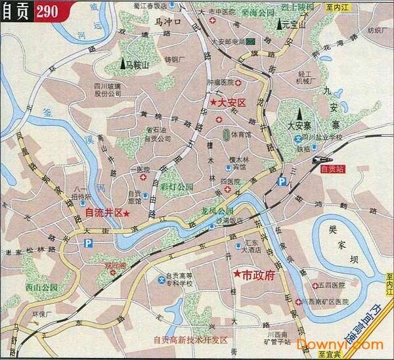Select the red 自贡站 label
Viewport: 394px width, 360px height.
[331, 169]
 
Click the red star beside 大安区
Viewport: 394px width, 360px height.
[214, 103]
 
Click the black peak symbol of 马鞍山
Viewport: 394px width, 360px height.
[123, 64]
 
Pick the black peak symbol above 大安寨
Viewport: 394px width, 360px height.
[299, 114]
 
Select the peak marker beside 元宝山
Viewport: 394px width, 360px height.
[278, 26]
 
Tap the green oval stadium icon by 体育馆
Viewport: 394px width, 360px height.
[226, 136]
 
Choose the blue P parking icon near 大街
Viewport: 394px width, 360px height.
[88, 243]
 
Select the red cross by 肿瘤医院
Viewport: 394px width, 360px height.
[239, 83]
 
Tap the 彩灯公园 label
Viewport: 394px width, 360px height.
[177, 187]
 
